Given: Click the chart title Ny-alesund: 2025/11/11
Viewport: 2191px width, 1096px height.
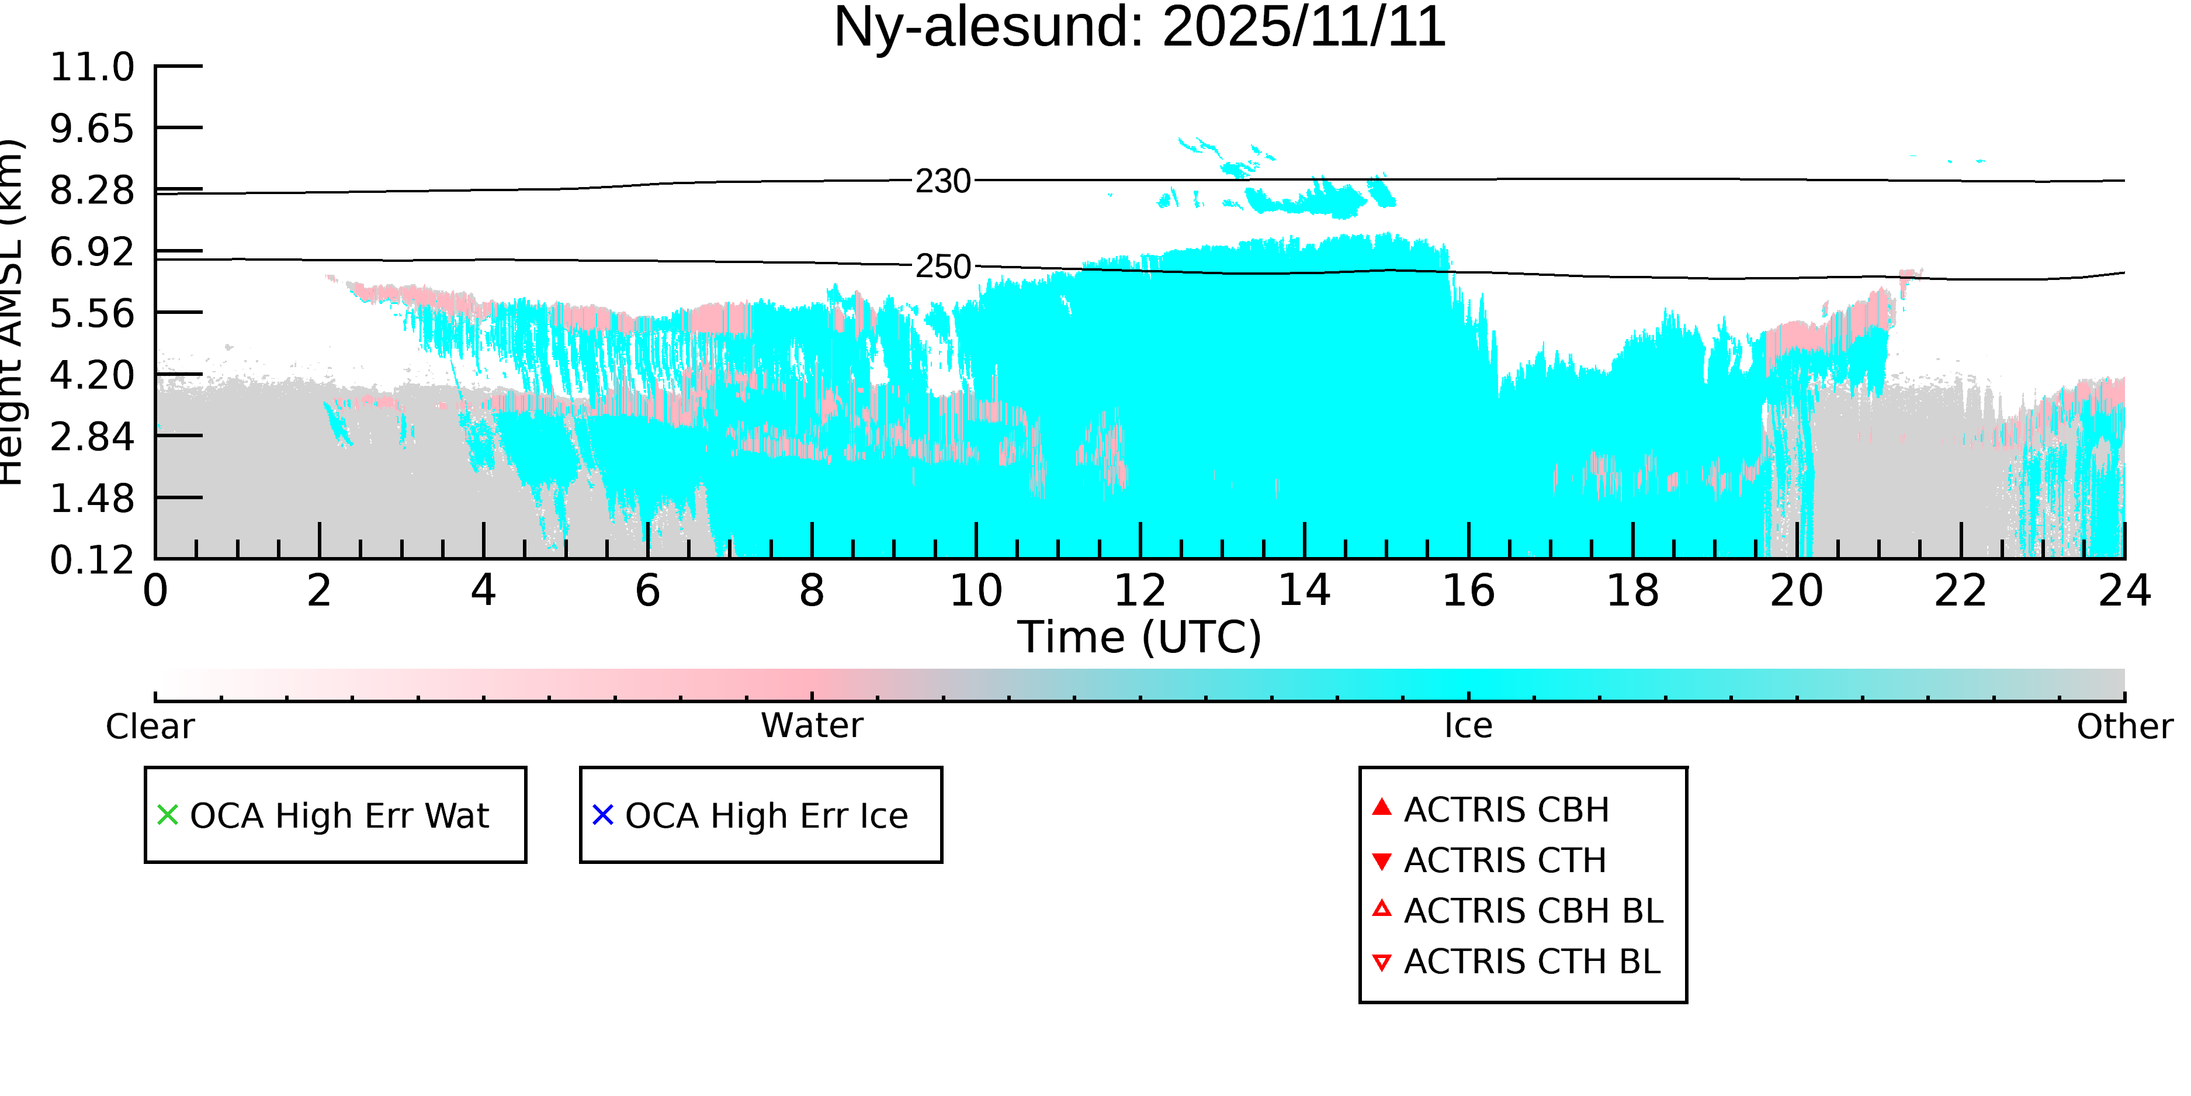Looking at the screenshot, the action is point(1139,27).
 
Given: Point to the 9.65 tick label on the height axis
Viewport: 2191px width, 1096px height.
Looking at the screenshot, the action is point(92,129).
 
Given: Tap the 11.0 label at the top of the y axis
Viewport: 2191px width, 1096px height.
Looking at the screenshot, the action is point(92,67).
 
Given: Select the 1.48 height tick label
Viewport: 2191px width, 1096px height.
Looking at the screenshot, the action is point(92,499).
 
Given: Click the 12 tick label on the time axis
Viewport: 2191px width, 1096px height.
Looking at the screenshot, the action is point(1140,590).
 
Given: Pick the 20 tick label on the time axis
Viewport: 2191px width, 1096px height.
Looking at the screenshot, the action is point(1797,590).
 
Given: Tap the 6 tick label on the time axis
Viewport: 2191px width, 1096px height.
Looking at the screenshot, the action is point(648,590).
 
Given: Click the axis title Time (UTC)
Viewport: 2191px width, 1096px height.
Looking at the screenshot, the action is point(1139,637).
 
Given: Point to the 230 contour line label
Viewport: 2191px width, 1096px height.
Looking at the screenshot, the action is point(942,181).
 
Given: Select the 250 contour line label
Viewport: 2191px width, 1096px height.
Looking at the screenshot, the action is point(942,267).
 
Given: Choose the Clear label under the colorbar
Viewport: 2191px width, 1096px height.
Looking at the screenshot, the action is point(150,727).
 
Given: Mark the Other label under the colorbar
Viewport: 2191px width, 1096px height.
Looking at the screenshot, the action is point(2124,727).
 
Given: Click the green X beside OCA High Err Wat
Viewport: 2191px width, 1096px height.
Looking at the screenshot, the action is point(168,815).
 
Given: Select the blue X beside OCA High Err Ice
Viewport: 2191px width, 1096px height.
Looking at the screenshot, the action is point(603,815).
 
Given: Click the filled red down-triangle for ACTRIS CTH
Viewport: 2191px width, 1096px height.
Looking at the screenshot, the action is point(1382,861).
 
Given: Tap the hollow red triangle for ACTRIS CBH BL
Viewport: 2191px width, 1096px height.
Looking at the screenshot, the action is point(1382,910).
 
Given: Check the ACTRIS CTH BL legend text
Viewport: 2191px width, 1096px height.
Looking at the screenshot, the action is point(1532,962).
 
